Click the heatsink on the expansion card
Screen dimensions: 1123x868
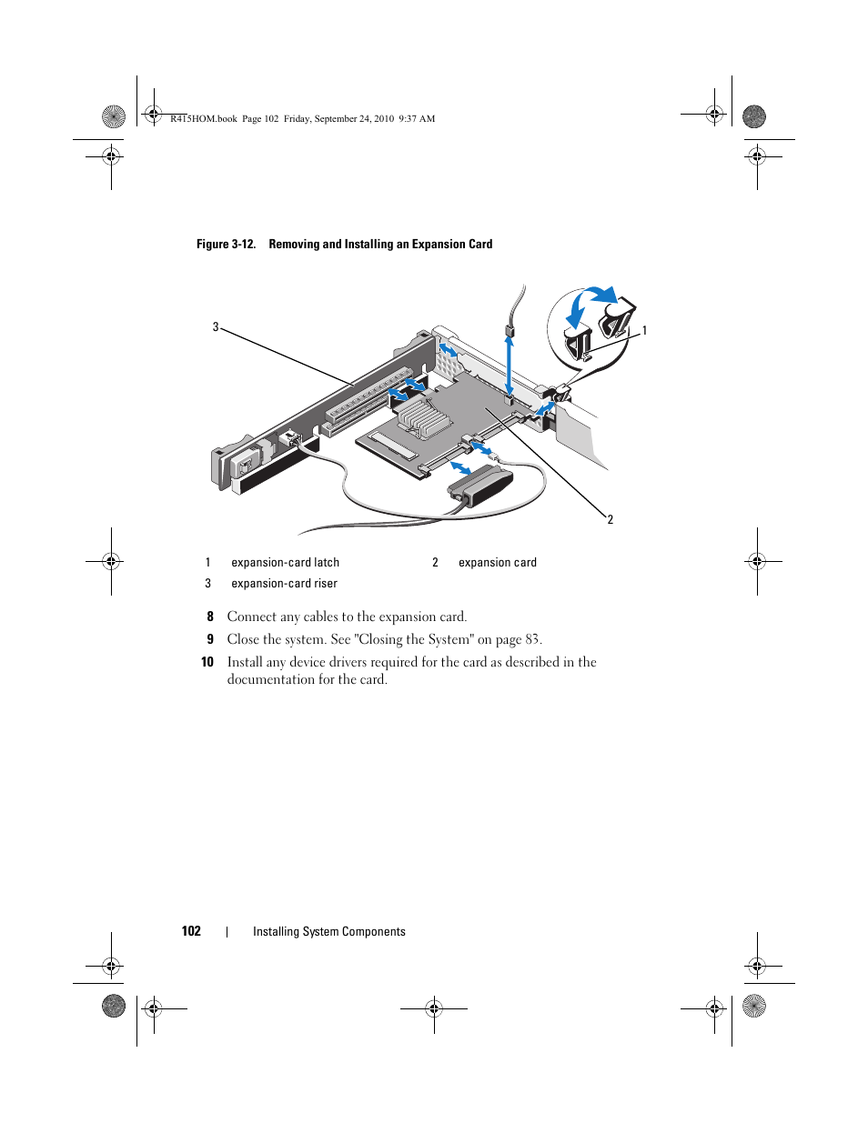pyautogui.click(x=420, y=416)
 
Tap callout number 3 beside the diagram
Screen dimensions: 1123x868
pyautogui.click(x=216, y=326)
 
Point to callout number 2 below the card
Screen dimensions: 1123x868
pyautogui.click(x=610, y=519)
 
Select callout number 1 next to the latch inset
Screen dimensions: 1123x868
pyautogui.click(x=644, y=331)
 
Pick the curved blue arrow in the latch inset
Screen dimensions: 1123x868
pyautogui.click(x=600, y=294)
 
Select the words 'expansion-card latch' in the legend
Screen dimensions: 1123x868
pyautogui.click(x=285, y=563)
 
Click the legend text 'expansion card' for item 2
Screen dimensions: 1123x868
pyautogui.click(x=497, y=563)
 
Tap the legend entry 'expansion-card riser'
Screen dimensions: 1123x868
pyautogui.click(x=284, y=584)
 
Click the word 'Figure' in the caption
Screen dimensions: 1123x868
pyautogui.click(x=213, y=245)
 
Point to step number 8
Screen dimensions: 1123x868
pyautogui.click(x=210, y=617)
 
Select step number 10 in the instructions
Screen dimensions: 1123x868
pyautogui.click(x=207, y=662)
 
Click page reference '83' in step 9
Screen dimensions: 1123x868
pyautogui.click(x=532, y=639)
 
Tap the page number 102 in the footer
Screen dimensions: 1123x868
pyautogui.click(x=191, y=931)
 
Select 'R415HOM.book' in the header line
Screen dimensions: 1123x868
pyautogui.click(x=204, y=118)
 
